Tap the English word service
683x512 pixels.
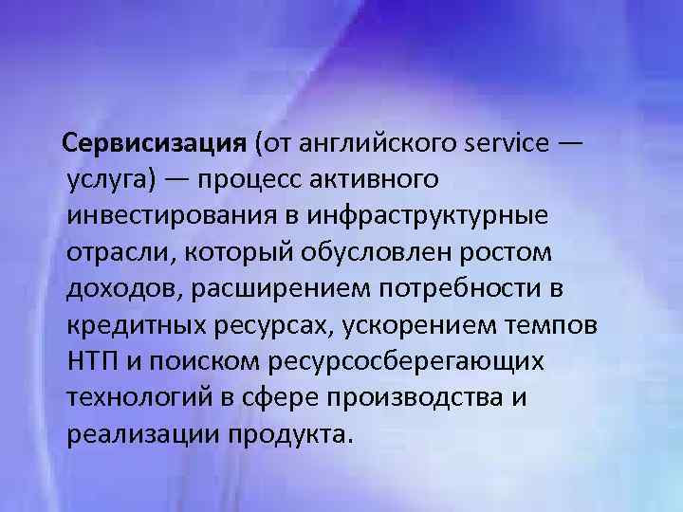508,144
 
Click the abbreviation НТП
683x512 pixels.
93,360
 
